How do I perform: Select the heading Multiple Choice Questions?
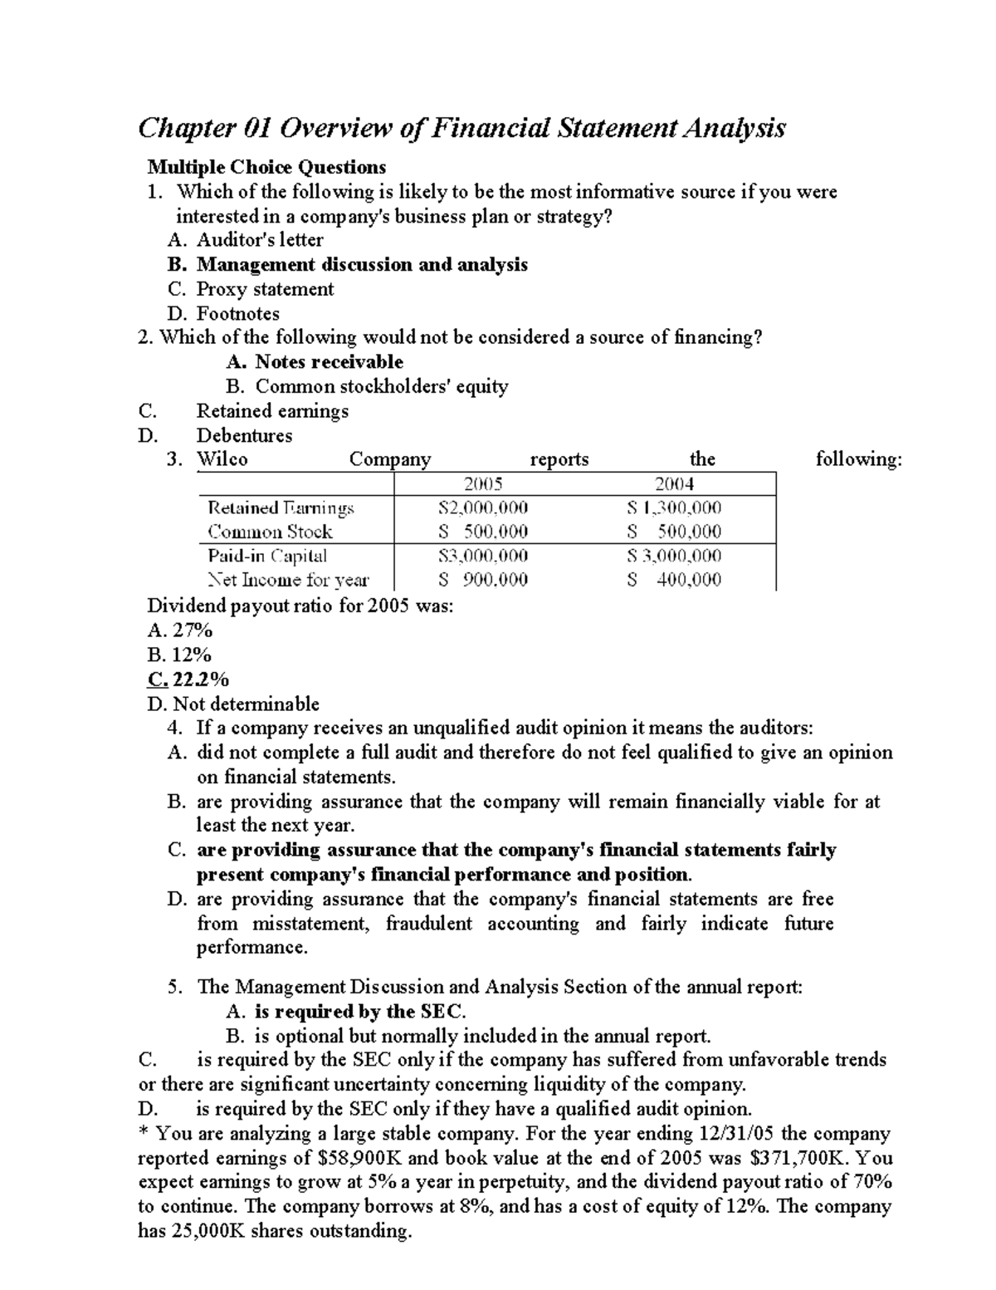pos(266,168)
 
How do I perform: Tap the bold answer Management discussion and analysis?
pos(362,265)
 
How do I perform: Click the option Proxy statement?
pos(264,289)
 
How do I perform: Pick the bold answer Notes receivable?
pos(329,362)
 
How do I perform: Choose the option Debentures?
pos(244,435)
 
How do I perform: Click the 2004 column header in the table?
pos(674,484)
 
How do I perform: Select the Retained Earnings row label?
pos(281,508)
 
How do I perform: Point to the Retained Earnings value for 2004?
pos(674,508)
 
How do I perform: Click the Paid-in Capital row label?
pos(266,556)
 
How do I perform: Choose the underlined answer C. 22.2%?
pos(188,679)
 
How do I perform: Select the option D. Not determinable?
pos(232,704)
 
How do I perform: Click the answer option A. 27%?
pos(179,631)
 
